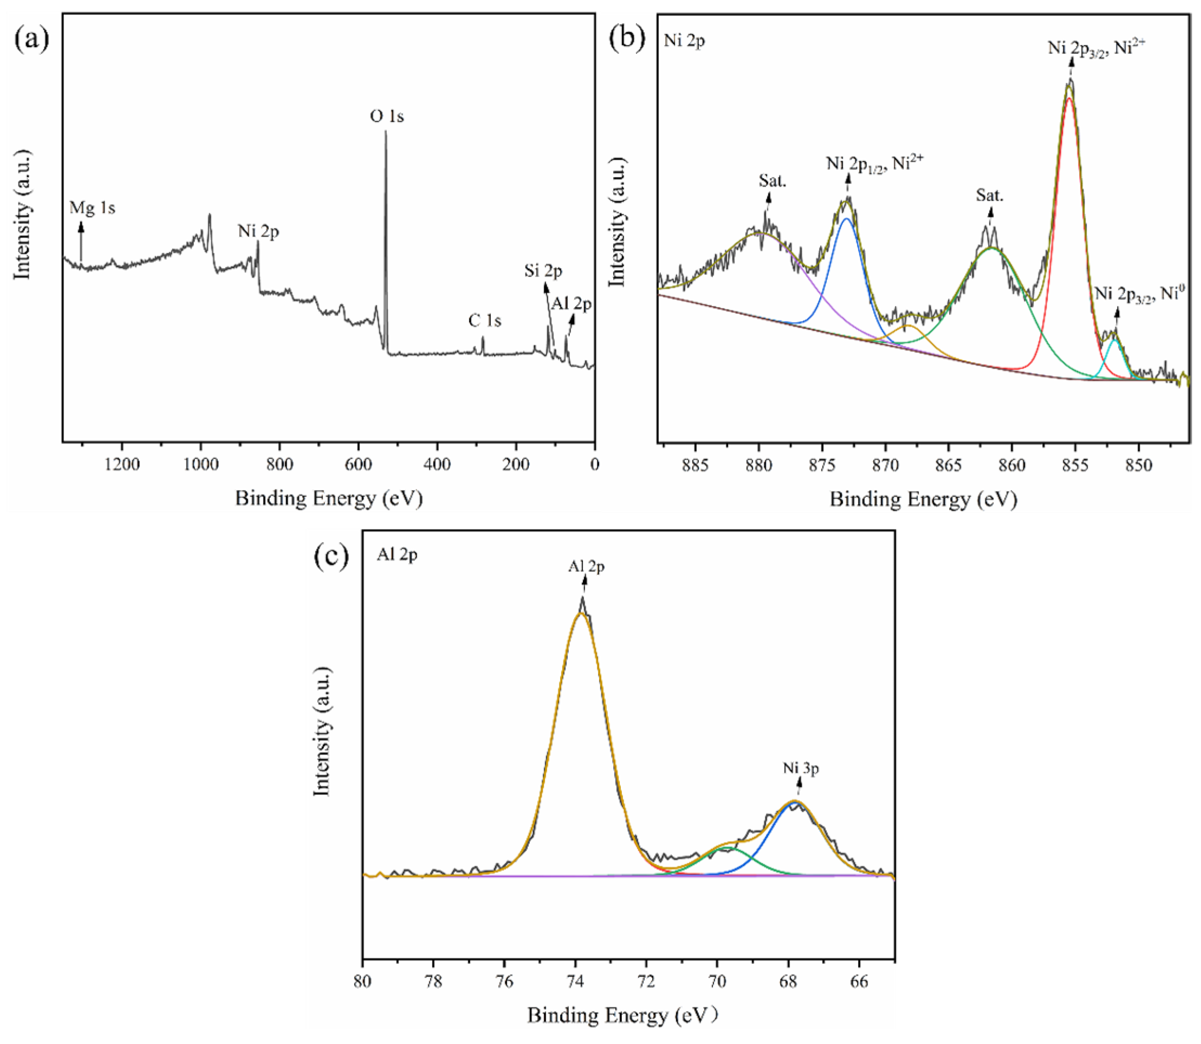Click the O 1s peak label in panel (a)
pos(386,116)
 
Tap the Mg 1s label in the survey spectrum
pos(92,207)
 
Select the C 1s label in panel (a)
pos(484,321)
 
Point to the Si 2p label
pos(543,271)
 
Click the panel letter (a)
pos(32,40)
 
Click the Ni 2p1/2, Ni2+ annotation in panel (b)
pos(874,162)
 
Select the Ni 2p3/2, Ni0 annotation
pos(1140,292)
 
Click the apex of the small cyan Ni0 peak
pos(1114,340)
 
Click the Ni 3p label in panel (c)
pos(801,768)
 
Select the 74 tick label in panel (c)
pos(575,982)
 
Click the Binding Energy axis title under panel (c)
pos(622,1015)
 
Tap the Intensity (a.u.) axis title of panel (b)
pos(616,222)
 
